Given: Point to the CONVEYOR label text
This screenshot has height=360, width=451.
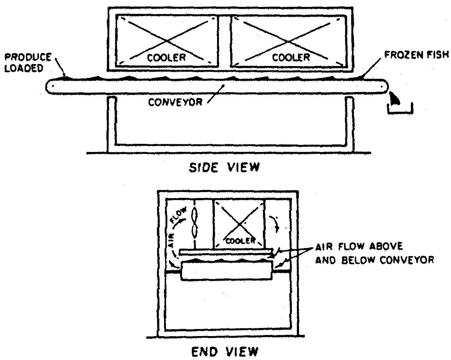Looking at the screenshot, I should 175,102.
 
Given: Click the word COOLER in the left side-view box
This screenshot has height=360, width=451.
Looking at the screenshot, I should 167,57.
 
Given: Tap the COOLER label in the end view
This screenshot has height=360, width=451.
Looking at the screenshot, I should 239,240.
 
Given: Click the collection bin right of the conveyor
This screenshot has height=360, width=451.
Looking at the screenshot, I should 400,109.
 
